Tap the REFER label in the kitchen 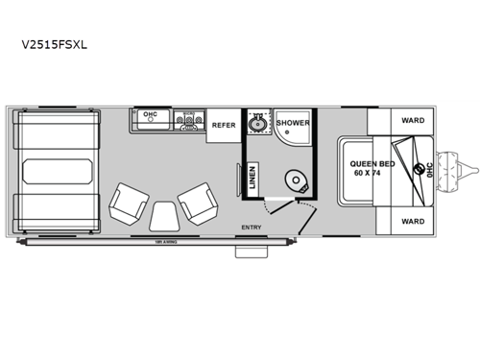pyautogui.click(x=223, y=125)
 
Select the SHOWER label pyautogui.click(x=292, y=123)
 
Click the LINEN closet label pyautogui.click(x=238, y=179)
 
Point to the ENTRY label pyautogui.click(x=252, y=228)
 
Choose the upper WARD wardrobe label pyautogui.click(x=413, y=121)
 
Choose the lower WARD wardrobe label pyautogui.click(x=413, y=222)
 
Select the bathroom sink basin pyautogui.click(x=256, y=123)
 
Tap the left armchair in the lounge pyautogui.click(x=128, y=202)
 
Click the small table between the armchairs pyautogui.click(x=162, y=216)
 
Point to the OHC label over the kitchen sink pyautogui.click(x=150, y=115)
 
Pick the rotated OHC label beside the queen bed pyautogui.click(x=429, y=171)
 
